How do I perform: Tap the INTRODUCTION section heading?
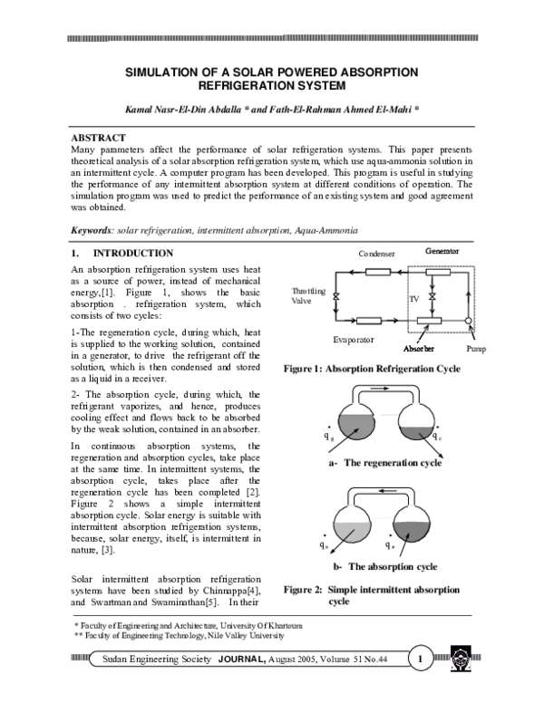pyautogui.click(x=133, y=254)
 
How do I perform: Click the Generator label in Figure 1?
pyautogui.click(x=442, y=250)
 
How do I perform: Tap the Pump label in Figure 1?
pyautogui.click(x=476, y=348)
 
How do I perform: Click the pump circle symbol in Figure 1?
pyautogui.click(x=467, y=321)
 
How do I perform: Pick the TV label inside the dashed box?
pyautogui.click(x=413, y=297)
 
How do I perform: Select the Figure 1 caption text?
pyautogui.click(x=372, y=370)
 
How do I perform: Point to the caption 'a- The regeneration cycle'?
pyautogui.click(x=386, y=463)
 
